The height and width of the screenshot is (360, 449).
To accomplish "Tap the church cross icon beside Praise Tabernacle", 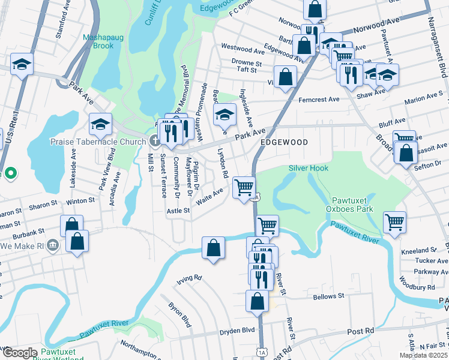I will (155, 142).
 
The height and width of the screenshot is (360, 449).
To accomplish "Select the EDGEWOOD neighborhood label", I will (284, 142).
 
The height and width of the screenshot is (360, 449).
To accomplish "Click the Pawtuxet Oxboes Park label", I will (352, 204).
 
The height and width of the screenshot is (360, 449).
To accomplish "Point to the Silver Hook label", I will (309, 169).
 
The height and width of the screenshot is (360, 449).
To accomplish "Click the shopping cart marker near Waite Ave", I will (244, 187).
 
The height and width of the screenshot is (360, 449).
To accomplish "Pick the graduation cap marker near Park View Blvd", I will (101, 124).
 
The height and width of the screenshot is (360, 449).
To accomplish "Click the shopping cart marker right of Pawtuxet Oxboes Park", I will (395, 221).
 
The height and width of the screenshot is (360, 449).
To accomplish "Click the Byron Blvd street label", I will (180, 314).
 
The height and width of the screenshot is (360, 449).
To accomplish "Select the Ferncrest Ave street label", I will (319, 100).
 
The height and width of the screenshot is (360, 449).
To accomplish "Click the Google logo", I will (20, 353).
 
